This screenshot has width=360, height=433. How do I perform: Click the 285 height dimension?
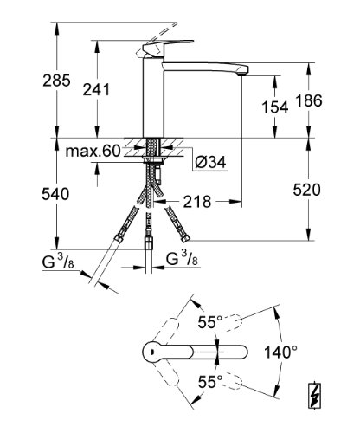(x=56, y=81)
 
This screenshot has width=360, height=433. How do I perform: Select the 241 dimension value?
(x=96, y=89)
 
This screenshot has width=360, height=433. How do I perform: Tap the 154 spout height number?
(x=275, y=107)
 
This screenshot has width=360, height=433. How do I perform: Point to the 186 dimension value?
(x=309, y=100)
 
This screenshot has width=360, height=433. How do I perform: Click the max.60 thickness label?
(x=93, y=151)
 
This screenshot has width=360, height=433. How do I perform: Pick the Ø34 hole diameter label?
(x=210, y=162)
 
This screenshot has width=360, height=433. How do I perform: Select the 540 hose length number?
(x=55, y=194)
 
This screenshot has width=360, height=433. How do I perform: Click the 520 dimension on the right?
(x=306, y=191)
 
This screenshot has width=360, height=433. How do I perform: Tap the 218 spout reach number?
(x=197, y=201)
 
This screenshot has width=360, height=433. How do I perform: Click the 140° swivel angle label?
(x=280, y=352)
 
